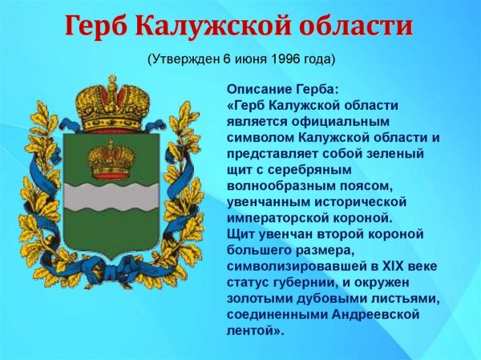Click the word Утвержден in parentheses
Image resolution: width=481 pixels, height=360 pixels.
[184, 60]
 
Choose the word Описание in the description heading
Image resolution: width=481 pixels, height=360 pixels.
[257, 88]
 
